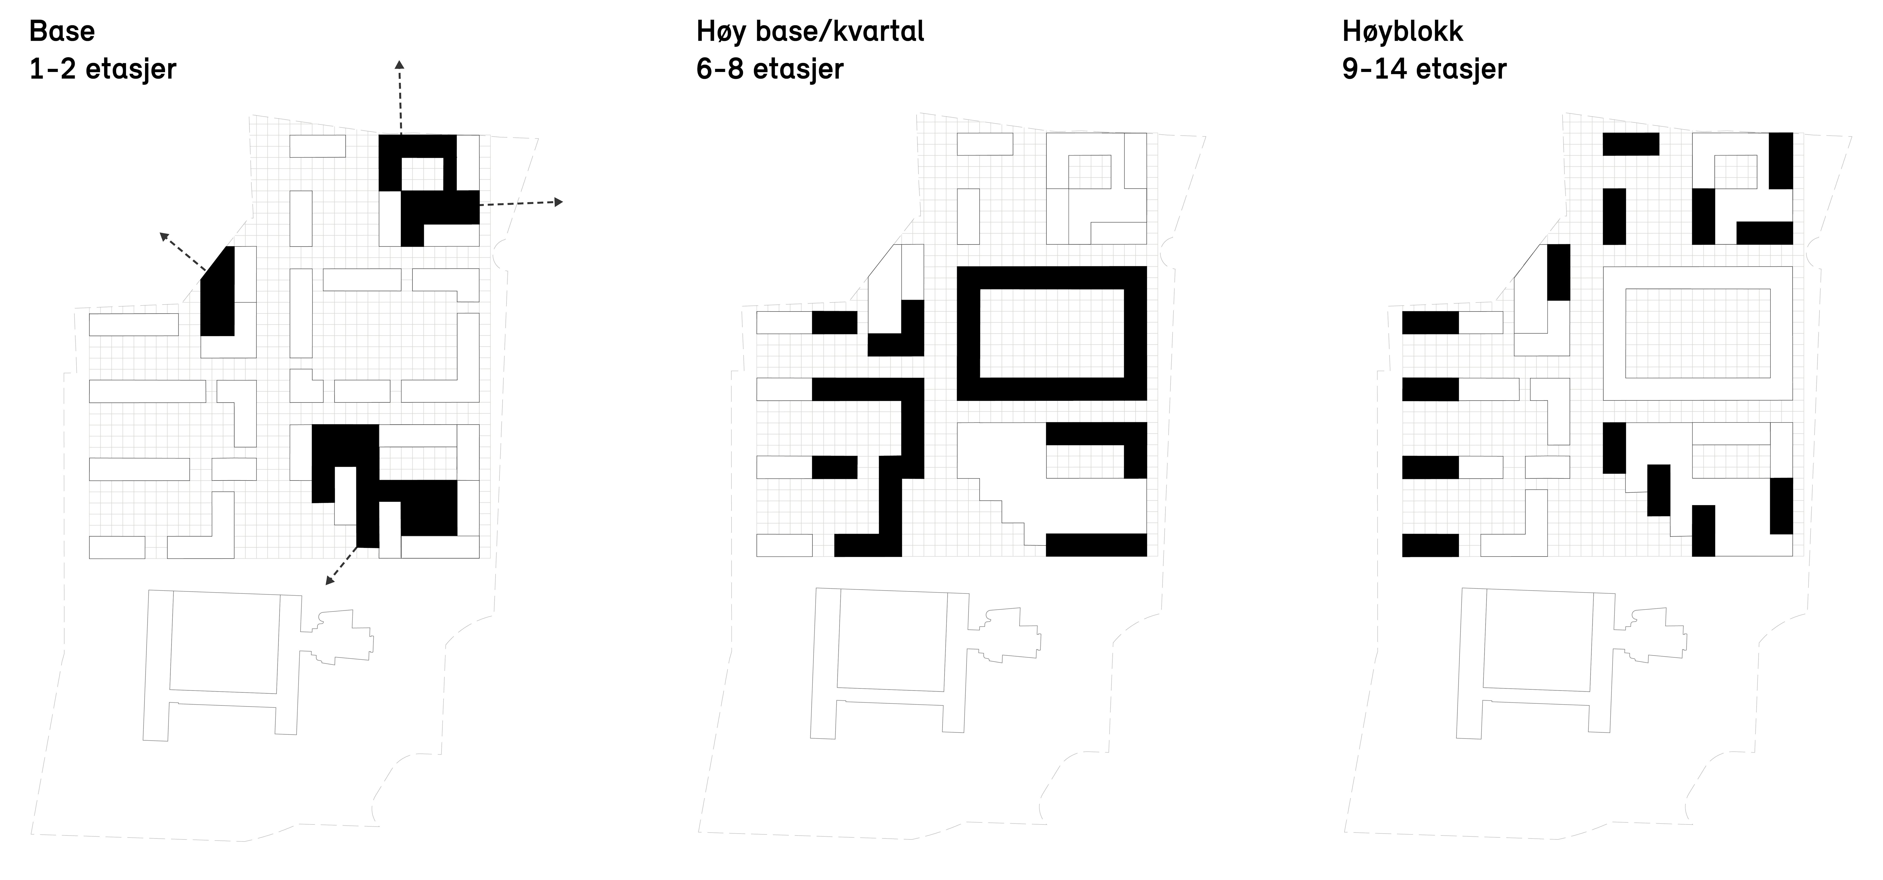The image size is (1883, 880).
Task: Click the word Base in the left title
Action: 62,31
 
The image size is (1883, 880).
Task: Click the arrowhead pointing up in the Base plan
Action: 400,65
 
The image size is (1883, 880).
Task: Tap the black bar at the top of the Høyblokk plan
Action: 1631,144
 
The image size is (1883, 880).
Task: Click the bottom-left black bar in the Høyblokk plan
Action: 1431,545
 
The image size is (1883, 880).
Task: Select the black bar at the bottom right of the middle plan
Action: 1096,545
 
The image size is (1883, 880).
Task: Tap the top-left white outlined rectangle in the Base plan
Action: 317,146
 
